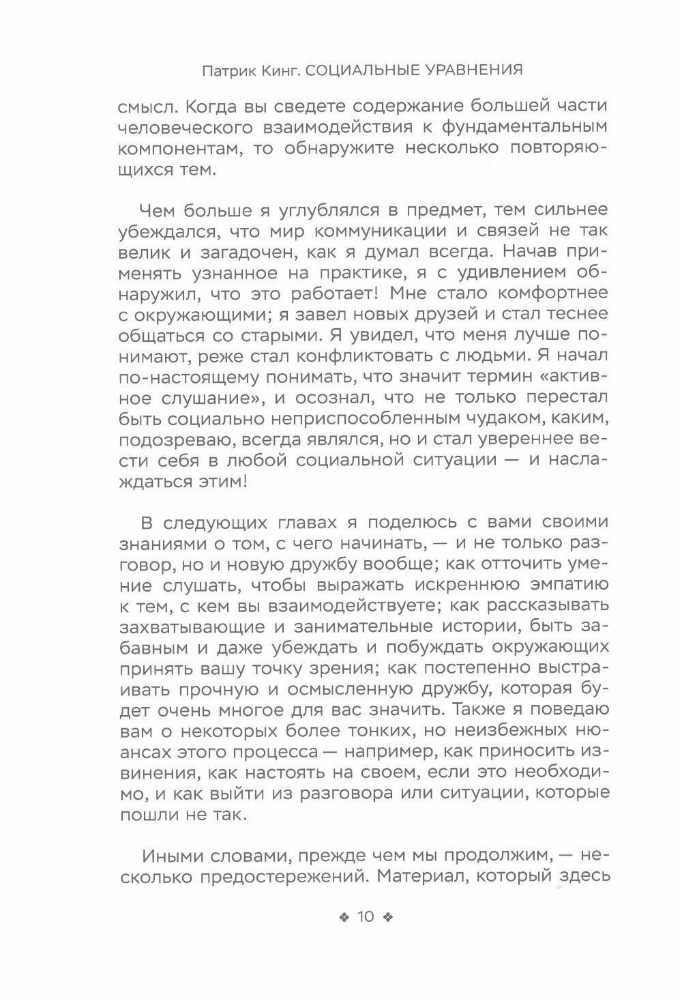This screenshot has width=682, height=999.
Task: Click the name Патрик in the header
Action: [x=228, y=70]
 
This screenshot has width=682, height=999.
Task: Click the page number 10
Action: [x=366, y=916]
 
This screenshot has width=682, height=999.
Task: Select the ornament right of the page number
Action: [x=388, y=917]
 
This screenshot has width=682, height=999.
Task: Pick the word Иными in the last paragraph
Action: [x=172, y=856]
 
